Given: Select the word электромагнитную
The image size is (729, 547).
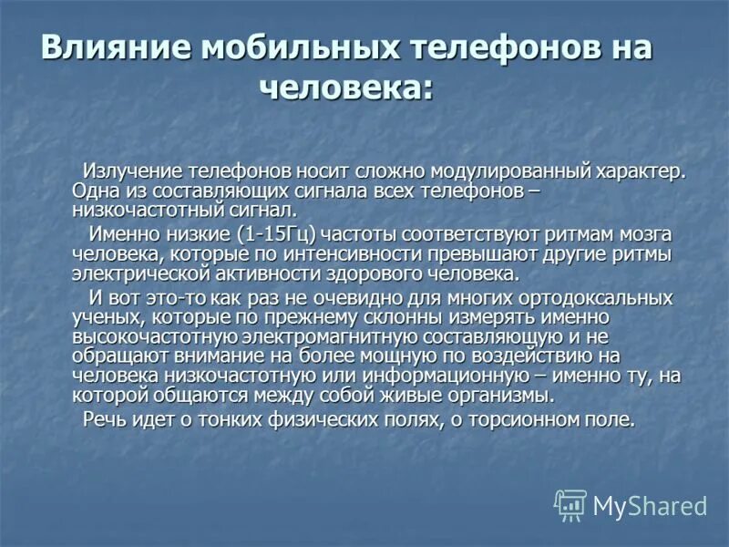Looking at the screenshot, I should tap(333, 336).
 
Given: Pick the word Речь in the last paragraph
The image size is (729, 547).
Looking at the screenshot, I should tap(106, 419).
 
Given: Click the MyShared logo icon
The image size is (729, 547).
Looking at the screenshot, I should tap(570, 504).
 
